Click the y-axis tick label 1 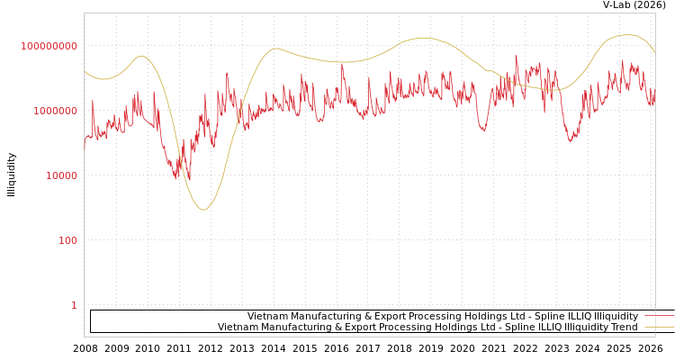[x=74, y=306]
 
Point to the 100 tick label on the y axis [x=68, y=241]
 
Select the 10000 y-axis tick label [x=62, y=176]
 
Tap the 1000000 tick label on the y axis [x=56, y=112]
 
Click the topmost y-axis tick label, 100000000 [x=49, y=46]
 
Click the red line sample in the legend [x=659, y=316]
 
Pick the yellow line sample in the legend [x=659, y=327]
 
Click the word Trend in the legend [x=623, y=327]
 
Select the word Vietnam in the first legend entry [x=267, y=316]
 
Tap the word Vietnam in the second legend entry [x=238, y=327]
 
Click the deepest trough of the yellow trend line [x=203, y=210]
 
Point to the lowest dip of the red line [x=188, y=181]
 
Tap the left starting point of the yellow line [x=85, y=71]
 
